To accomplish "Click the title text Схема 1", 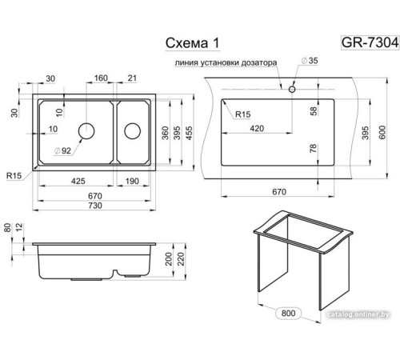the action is click(x=192, y=43).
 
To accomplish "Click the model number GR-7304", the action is click(x=370, y=42).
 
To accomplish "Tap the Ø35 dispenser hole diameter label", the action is click(x=310, y=61).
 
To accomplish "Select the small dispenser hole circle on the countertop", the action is click(x=292, y=90).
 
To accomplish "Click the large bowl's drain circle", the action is click(x=86, y=131).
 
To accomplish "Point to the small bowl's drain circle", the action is click(x=132, y=131).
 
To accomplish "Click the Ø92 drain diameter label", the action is click(x=62, y=151).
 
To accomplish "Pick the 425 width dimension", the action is click(x=78, y=181).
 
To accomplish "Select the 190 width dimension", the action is click(x=132, y=181).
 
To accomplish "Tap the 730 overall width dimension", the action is click(x=95, y=206).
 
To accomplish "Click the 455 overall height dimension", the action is click(x=189, y=133).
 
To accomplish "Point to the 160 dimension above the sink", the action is click(x=101, y=78).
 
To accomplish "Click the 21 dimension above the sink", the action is click(x=132, y=78).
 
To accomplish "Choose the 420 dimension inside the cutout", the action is click(x=257, y=129).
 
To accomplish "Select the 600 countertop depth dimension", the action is click(x=382, y=132).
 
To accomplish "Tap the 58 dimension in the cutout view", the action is click(x=314, y=110).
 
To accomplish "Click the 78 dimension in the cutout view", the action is click(x=314, y=148).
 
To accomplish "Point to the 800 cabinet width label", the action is click(x=288, y=313).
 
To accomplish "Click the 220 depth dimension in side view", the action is click(x=181, y=259).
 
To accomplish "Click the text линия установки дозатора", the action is click(x=226, y=63).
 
